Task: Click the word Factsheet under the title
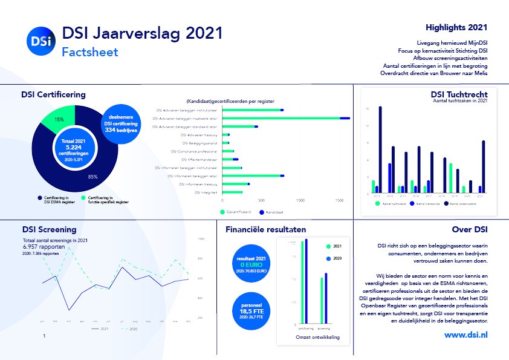pos(90,52)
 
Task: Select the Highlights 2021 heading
pos(456,27)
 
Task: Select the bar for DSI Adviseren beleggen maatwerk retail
pos(284,119)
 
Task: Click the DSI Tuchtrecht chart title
pos(459,94)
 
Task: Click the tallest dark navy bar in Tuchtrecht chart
pos(380,149)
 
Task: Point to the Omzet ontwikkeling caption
pos(318,337)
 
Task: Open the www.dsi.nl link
pos(466,334)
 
